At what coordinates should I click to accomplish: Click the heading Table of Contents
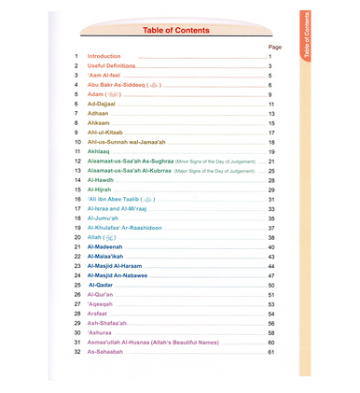[x=181, y=31]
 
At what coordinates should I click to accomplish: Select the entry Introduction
[x=104, y=57]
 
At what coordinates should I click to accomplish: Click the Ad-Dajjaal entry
[x=102, y=104]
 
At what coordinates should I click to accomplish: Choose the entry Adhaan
[x=98, y=113]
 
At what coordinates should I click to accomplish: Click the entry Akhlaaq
[x=101, y=151]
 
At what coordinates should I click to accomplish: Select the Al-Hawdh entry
[x=102, y=179]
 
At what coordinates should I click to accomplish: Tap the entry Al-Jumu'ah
[x=104, y=218]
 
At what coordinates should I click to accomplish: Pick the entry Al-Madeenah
[x=104, y=246]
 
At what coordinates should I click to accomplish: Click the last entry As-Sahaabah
[x=104, y=352]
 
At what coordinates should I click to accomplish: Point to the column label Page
[x=274, y=46]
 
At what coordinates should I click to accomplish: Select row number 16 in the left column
[x=77, y=199]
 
